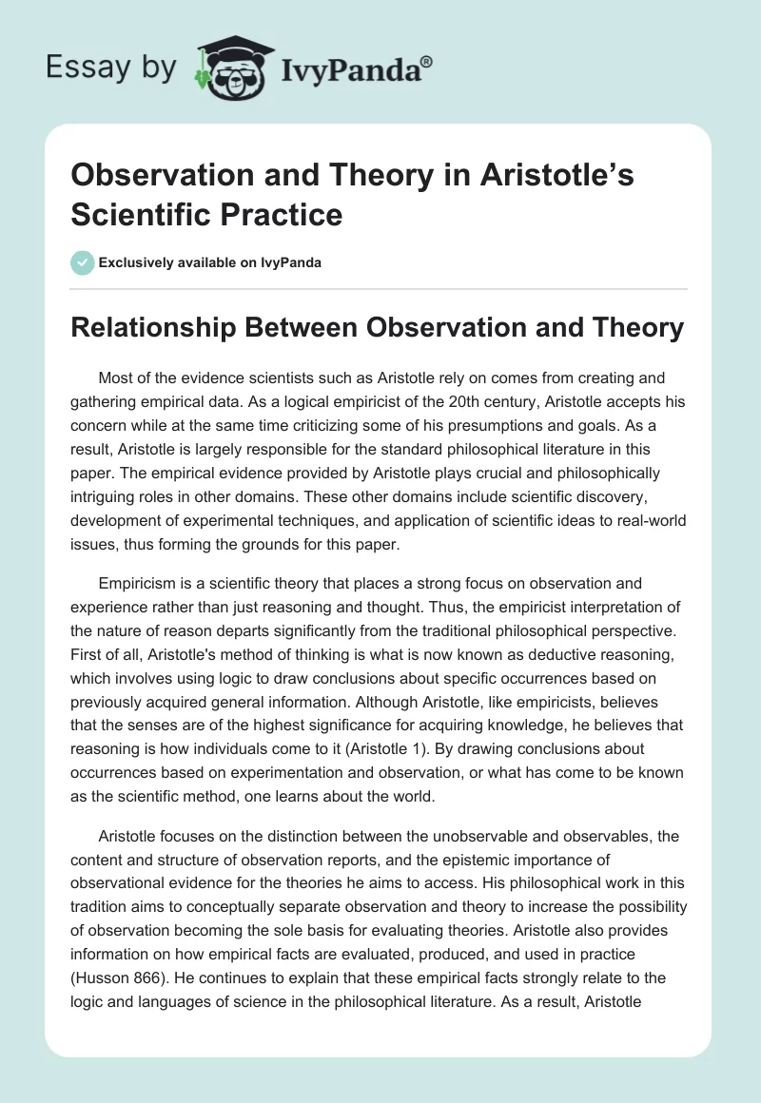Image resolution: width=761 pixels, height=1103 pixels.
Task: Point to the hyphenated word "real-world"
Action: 644,521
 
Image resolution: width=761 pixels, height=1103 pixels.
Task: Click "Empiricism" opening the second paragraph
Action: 142,584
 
